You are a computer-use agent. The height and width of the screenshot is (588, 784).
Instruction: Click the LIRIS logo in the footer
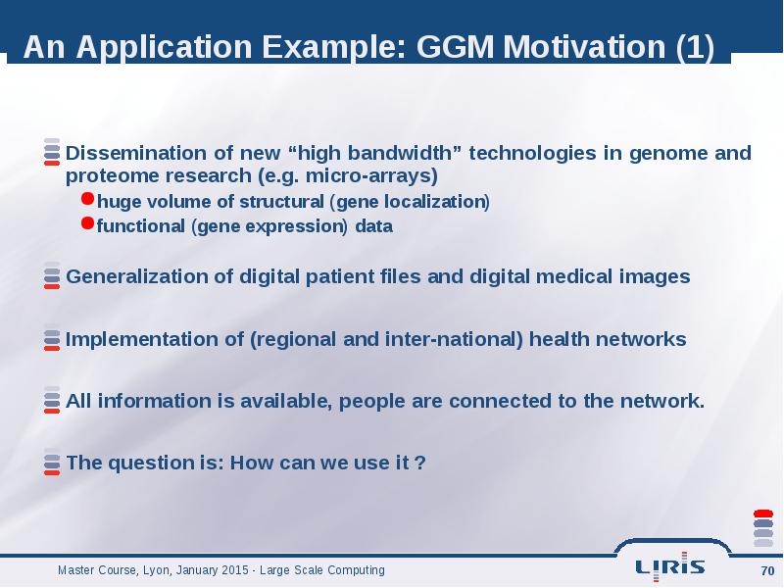pyautogui.click(x=670, y=566)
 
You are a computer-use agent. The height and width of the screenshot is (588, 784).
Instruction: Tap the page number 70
pyautogui.click(x=767, y=570)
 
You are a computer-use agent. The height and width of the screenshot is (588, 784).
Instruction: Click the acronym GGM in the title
pyautogui.click(x=455, y=46)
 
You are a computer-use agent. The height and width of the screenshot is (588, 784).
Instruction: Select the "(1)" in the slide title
pyautogui.click(x=695, y=47)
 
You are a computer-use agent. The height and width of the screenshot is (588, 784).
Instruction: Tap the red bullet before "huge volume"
pyautogui.click(x=87, y=199)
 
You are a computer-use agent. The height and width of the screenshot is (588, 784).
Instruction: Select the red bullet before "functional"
pyautogui.click(x=87, y=223)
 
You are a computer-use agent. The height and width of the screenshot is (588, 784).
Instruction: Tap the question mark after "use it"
pyautogui.click(x=420, y=463)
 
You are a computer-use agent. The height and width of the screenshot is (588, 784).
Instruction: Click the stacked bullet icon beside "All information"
pyautogui.click(x=52, y=400)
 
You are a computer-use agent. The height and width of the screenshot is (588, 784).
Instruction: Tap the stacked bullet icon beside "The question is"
pyautogui.click(x=52, y=462)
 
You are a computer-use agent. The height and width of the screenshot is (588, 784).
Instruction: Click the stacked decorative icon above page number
pyautogui.click(x=763, y=528)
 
